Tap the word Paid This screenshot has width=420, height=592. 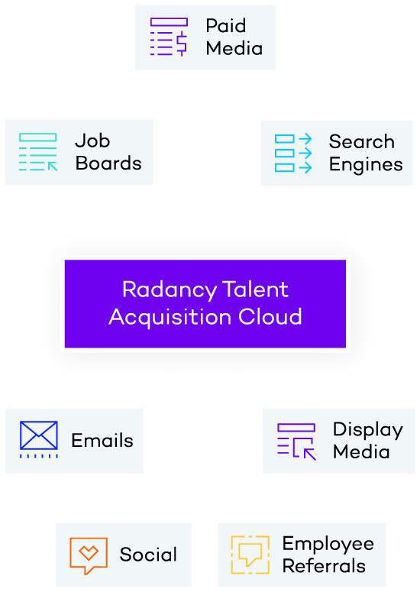tap(226, 26)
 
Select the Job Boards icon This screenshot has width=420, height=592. tap(38, 152)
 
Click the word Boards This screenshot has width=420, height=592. tap(108, 163)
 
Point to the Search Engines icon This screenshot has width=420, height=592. tap(293, 154)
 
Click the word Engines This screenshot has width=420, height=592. tap(366, 165)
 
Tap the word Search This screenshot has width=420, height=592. tap(362, 141)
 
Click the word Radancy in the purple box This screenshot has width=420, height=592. tap(170, 290)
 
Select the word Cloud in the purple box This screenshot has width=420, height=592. tap(270, 316)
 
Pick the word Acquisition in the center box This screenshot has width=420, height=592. tap(170, 318)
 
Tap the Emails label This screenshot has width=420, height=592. tap(102, 441)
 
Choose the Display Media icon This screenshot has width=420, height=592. tap(296, 442)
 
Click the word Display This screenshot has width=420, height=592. tap(368, 430)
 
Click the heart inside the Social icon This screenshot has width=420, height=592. tap(89, 553)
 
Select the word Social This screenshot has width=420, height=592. tap(148, 555)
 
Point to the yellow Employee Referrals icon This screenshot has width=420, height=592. tap(250, 555)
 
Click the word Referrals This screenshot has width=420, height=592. tap(324, 566)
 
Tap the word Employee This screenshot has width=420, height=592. tap(328, 545)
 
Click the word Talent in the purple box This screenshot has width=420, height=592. tap(256, 290)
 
